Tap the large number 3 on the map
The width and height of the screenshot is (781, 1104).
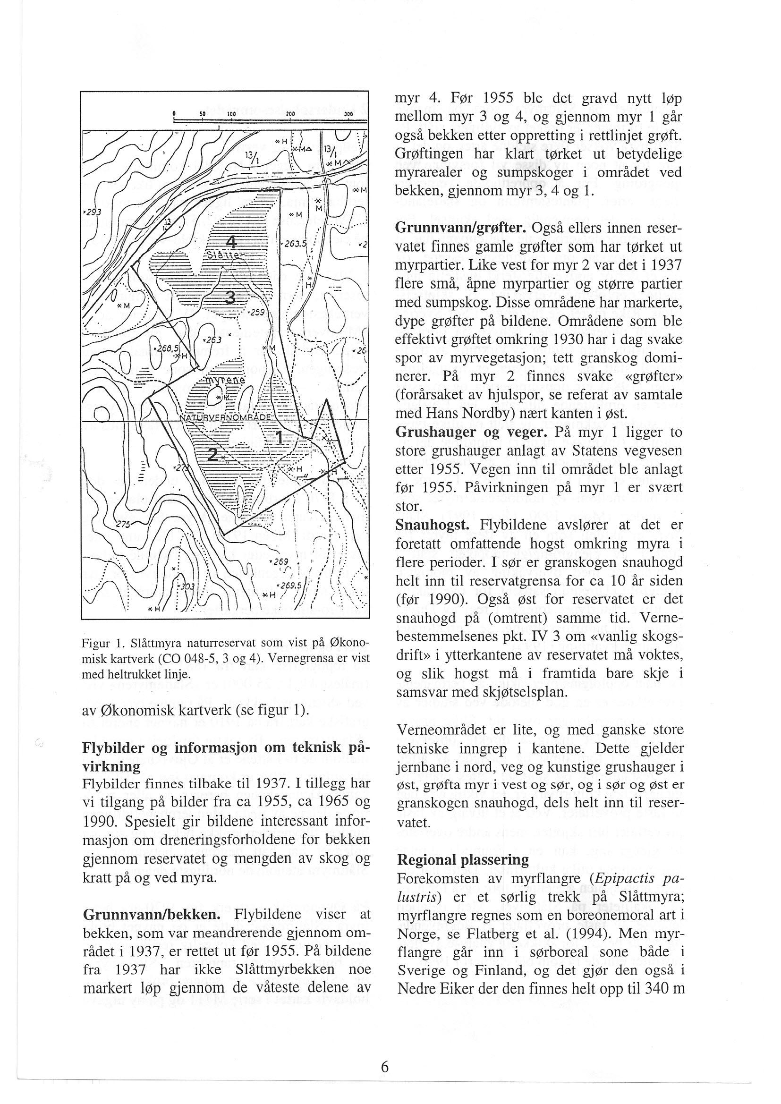pyautogui.click(x=231, y=298)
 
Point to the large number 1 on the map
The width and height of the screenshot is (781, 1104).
pyautogui.click(x=279, y=437)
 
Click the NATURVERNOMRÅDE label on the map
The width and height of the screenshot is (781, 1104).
pyautogui.click(x=226, y=417)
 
